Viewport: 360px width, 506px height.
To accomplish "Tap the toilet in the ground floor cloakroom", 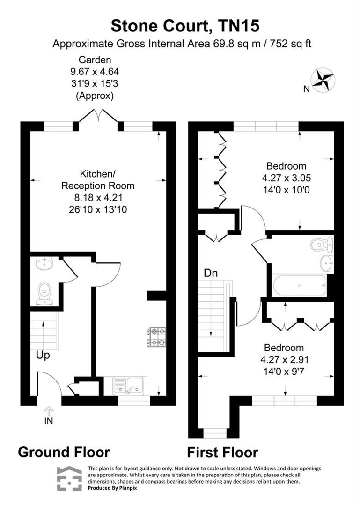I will (45, 293).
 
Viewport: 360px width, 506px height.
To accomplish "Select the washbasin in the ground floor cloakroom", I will (45, 264).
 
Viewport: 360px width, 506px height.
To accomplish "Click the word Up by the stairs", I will (43, 355).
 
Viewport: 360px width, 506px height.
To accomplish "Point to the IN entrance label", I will (49, 421).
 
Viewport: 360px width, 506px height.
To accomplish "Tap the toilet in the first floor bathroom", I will (321, 244).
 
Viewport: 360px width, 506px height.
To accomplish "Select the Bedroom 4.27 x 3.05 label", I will (286, 178).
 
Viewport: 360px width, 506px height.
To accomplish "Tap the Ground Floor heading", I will (64, 452).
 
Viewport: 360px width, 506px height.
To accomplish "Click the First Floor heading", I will (222, 453).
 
